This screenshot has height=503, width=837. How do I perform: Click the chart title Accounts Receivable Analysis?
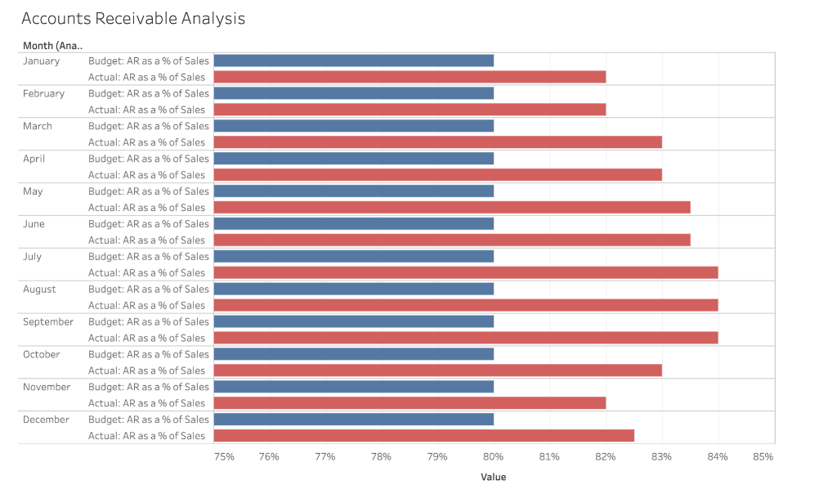(x=132, y=18)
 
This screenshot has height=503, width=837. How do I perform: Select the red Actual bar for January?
(x=410, y=77)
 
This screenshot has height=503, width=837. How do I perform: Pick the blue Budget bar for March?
(x=353, y=126)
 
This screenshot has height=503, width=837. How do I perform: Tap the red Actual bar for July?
(x=466, y=272)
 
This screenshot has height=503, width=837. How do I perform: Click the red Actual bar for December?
(x=423, y=436)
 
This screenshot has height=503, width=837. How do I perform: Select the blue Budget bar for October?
(x=353, y=354)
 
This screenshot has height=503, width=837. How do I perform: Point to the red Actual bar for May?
(x=452, y=208)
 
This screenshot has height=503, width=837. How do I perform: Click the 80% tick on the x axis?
(x=493, y=456)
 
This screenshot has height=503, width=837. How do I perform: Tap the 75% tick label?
(x=224, y=456)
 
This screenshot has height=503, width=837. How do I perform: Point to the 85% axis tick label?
(x=763, y=456)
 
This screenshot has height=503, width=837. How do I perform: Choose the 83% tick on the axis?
(x=661, y=456)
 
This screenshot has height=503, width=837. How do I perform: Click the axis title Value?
(x=493, y=477)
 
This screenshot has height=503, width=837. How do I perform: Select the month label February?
(x=43, y=93)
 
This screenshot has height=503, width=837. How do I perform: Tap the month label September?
(x=48, y=321)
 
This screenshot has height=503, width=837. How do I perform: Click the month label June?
(x=34, y=224)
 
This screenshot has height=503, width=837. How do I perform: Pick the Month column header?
(x=52, y=46)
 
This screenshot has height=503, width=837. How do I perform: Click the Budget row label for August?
(x=148, y=289)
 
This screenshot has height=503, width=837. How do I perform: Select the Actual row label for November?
(x=146, y=403)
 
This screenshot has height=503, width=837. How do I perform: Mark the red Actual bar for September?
(x=466, y=338)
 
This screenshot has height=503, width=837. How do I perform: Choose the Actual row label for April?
(x=146, y=175)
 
